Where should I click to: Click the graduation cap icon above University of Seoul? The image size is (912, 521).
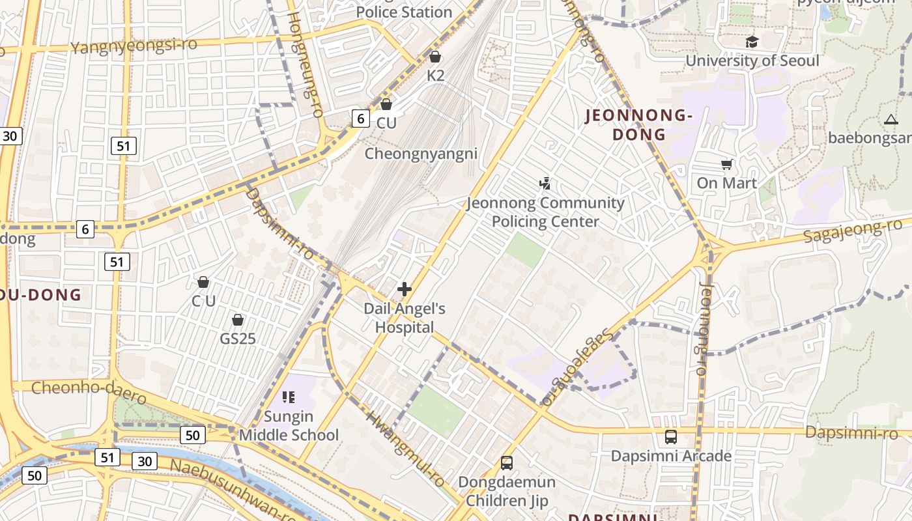752,42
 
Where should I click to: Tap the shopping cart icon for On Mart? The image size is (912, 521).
726,164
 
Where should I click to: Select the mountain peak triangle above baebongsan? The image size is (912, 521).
891,119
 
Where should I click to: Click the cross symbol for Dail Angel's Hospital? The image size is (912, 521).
405,289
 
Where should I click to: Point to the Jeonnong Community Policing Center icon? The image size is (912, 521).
545,184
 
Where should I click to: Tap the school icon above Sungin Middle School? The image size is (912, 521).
289,397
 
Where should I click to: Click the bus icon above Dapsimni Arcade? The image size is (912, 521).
670,437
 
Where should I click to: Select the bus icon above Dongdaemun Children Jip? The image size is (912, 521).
506,463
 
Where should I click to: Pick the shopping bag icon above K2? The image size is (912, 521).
435,57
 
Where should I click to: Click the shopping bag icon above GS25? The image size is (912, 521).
238,320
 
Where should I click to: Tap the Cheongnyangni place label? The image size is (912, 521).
421,154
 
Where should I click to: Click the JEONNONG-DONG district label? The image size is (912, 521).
638,125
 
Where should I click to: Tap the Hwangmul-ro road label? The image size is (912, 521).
405,449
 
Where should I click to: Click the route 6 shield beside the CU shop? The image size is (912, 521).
360,118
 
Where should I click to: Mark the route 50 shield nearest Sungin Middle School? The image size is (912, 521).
192,435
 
